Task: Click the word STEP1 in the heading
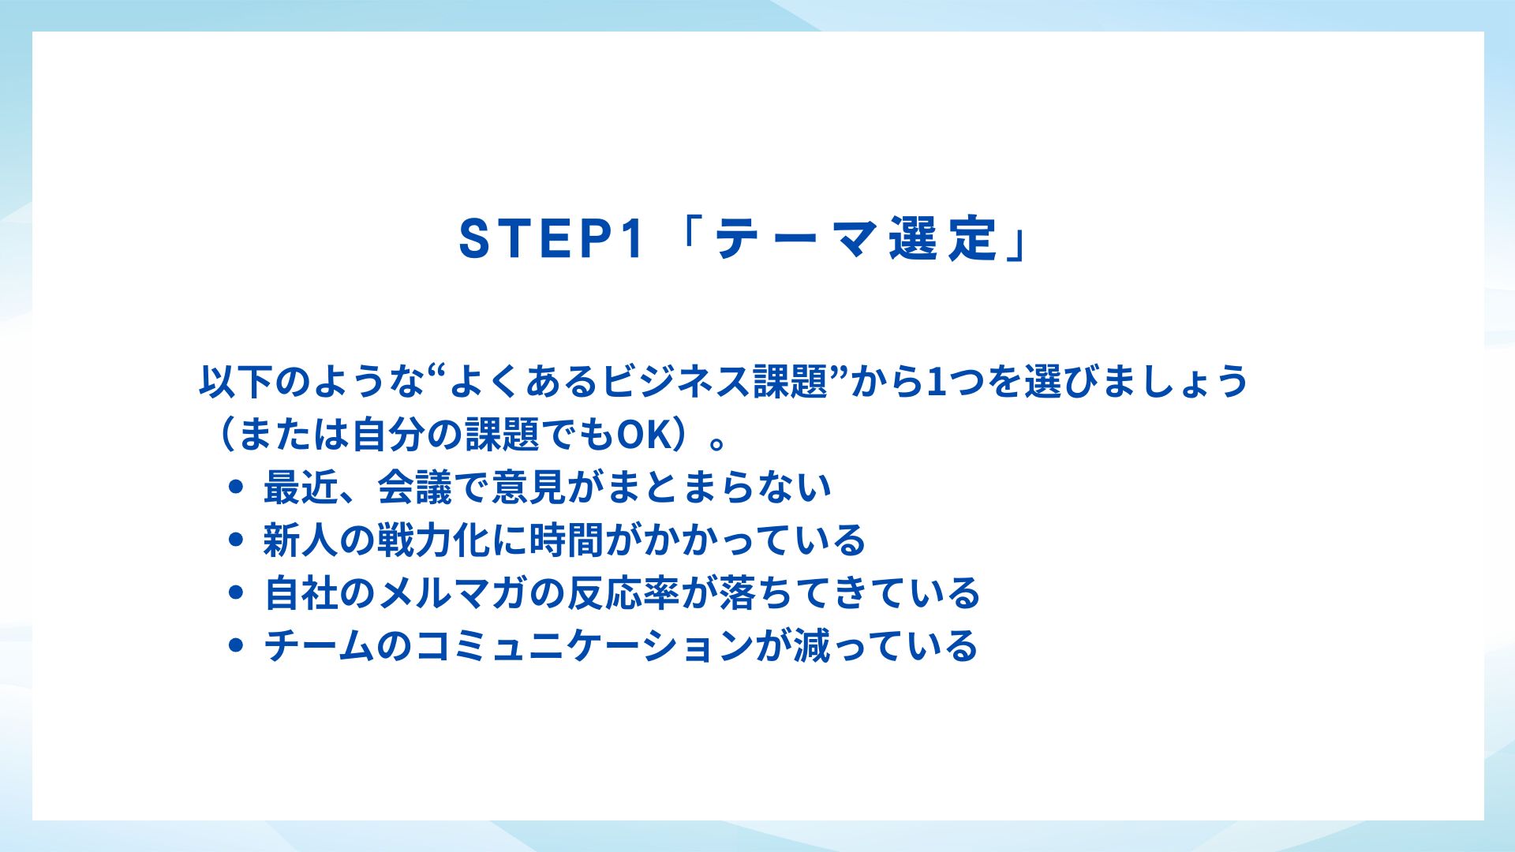pos(552,238)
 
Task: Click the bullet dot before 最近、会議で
pos(234,488)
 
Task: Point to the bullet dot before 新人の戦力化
pos(234,540)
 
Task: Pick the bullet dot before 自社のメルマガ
pos(234,592)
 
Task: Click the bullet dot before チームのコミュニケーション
pos(234,645)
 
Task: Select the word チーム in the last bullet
pos(319,645)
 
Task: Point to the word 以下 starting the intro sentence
pos(236,382)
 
